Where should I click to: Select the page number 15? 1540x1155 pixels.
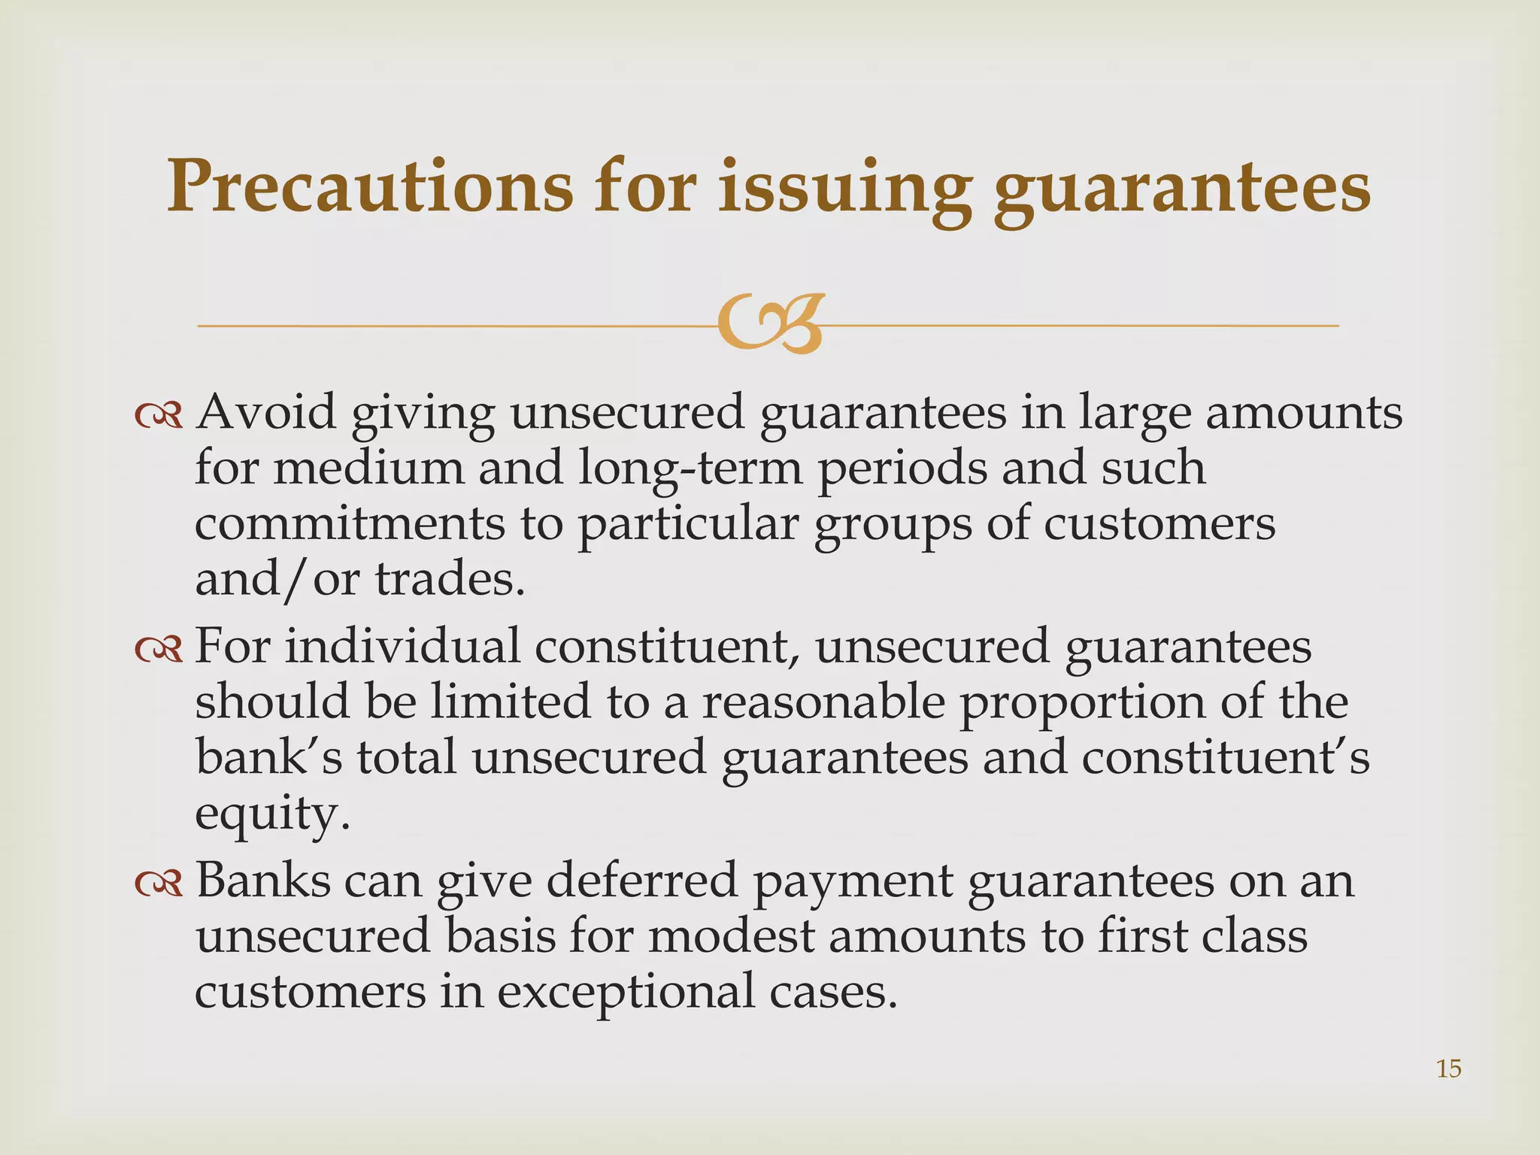pos(1448,1069)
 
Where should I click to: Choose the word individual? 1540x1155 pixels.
pos(402,646)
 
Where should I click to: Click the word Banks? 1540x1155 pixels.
pos(262,881)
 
